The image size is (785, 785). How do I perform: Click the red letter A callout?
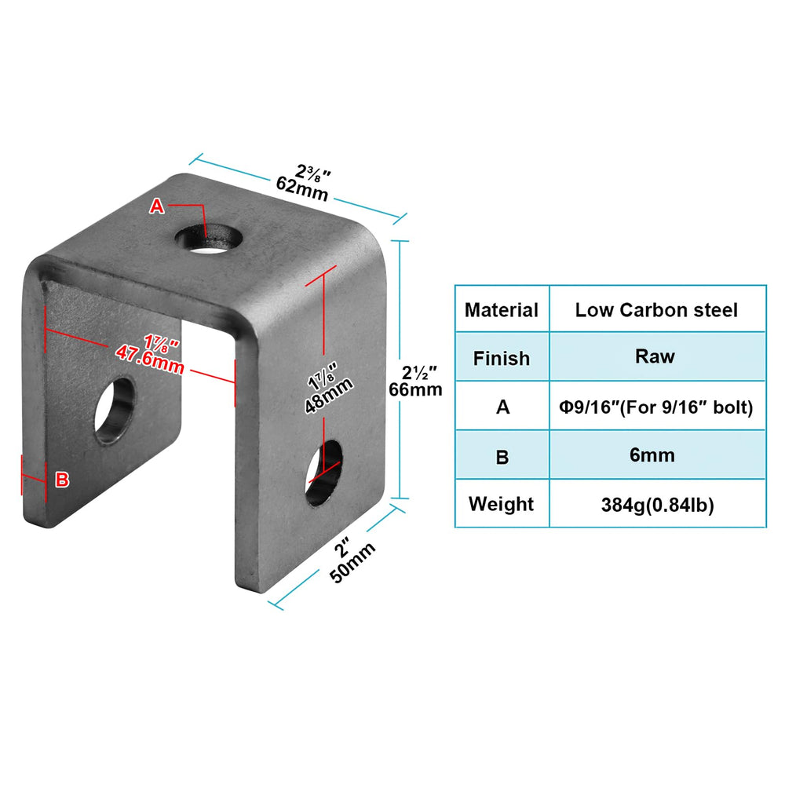coord(157,206)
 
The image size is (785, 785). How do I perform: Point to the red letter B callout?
coord(62,480)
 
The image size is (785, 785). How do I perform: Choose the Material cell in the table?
coord(501,310)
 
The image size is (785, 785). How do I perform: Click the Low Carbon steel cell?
coord(656,310)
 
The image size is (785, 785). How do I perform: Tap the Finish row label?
coord(501,359)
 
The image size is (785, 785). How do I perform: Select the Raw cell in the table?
coord(655,356)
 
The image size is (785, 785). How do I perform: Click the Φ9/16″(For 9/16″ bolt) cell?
coord(656,407)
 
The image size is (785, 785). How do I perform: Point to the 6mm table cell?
coord(652,455)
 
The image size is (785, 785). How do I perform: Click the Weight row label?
coord(501,504)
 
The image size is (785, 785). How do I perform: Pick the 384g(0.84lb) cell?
coord(657,505)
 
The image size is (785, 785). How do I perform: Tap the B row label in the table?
coord(502,457)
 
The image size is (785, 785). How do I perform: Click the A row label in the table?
coord(502,407)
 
